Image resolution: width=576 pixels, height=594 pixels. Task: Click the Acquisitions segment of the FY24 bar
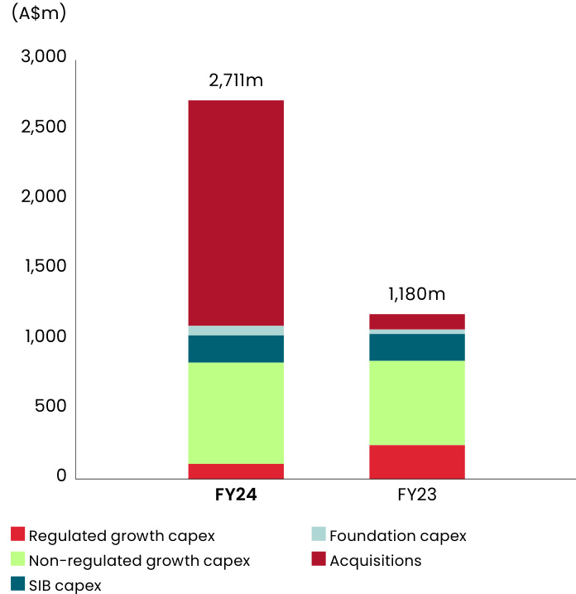click(236, 212)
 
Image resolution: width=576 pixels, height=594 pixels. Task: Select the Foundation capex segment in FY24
click(236, 331)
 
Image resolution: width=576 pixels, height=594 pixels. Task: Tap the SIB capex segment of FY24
click(236, 349)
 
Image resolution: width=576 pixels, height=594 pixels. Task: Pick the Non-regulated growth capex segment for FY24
click(236, 413)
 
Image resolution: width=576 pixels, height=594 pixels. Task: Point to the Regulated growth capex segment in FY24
click(236, 471)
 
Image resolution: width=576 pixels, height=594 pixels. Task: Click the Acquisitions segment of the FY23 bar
click(416, 321)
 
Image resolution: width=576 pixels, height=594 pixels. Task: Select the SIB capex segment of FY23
click(416, 347)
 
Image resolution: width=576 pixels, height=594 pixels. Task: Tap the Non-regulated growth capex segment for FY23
click(416, 403)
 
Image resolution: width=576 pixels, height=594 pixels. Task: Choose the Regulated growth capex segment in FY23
click(416, 461)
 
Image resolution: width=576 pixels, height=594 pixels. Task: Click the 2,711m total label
click(236, 81)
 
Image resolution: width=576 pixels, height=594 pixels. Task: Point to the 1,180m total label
click(416, 294)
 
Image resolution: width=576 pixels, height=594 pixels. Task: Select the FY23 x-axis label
click(416, 496)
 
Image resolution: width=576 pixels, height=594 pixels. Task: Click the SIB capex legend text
click(65, 586)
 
